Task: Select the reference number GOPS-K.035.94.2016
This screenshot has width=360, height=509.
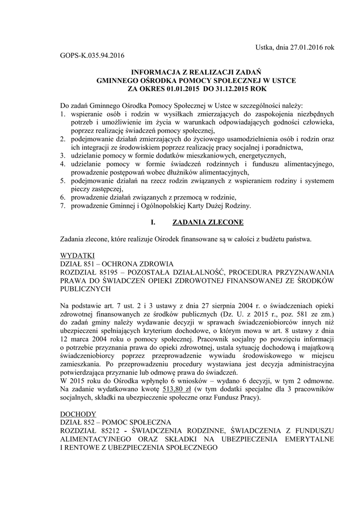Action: pyautogui.click(x=91, y=56)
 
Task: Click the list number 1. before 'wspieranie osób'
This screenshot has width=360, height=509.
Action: pyautogui.click(x=63, y=114)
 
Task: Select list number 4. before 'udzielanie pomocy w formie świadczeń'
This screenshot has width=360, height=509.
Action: pyautogui.click(x=63, y=163)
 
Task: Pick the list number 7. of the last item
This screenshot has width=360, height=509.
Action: pyautogui.click(x=63, y=205)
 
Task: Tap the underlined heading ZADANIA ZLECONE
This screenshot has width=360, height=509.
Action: pyautogui.click(x=208, y=222)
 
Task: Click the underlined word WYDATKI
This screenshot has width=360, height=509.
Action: pyautogui.click(x=74, y=255)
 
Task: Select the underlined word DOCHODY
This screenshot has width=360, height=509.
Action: pyautogui.click(x=75, y=414)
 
